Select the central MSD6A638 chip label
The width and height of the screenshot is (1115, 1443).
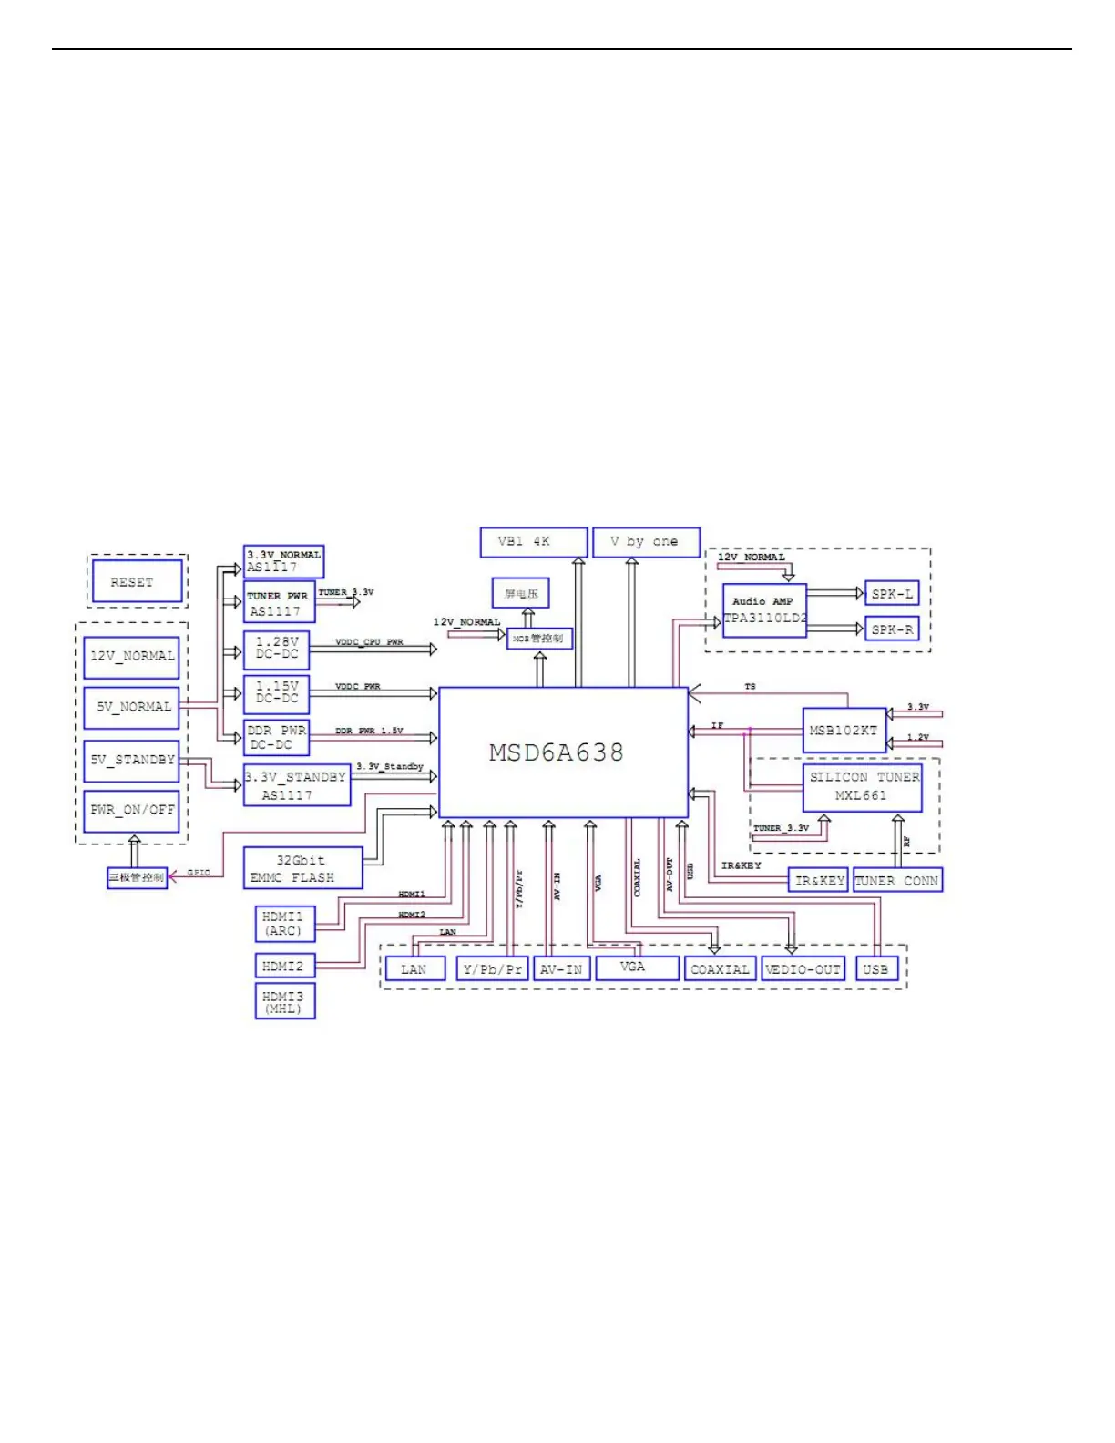tap(557, 752)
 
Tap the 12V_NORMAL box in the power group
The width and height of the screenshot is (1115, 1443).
tap(131, 656)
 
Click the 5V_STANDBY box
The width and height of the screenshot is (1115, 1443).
tap(131, 760)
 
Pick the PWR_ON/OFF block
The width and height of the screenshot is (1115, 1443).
tap(131, 810)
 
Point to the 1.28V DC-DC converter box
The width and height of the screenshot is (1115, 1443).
tap(277, 649)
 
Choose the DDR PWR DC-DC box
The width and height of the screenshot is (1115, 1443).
tap(277, 738)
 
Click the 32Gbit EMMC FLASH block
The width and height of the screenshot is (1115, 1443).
tap(302, 868)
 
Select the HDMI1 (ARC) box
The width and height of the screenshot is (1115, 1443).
tap(284, 923)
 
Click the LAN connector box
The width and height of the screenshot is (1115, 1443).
tap(414, 969)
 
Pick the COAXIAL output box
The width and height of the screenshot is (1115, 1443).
tap(720, 969)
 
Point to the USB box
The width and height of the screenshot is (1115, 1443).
tap(876, 969)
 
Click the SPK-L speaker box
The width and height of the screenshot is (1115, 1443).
tap(892, 594)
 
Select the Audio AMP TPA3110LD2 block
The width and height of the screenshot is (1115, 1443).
tap(764, 610)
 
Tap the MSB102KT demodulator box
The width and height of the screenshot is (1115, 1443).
tap(844, 731)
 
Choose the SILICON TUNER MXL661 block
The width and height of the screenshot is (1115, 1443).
tap(862, 787)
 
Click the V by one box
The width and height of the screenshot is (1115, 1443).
tap(645, 542)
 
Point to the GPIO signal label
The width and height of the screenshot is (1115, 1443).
tap(199, 873)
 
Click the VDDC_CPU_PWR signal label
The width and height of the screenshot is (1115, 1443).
tap(369, 642)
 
